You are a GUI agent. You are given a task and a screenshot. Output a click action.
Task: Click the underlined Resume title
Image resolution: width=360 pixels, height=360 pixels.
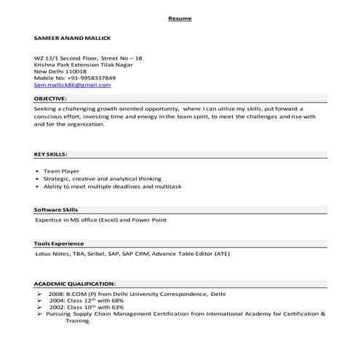coord(179,17)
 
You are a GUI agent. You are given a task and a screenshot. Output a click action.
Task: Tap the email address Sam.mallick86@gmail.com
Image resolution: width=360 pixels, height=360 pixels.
coord(73,85)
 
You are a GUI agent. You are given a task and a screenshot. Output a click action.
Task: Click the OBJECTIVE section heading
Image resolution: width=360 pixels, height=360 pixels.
coord(50,97)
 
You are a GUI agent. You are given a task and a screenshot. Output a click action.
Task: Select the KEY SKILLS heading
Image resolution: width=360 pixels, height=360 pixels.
coord(52,154)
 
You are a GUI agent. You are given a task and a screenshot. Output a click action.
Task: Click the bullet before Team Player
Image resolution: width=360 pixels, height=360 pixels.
coord(37,172)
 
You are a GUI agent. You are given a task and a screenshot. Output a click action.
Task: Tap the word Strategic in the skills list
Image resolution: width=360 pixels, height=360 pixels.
coord(56,179)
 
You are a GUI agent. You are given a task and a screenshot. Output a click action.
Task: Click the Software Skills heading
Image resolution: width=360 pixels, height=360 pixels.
coord(55,209)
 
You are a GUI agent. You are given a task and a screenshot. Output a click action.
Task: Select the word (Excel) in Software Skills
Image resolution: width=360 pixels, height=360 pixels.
coord(107,219)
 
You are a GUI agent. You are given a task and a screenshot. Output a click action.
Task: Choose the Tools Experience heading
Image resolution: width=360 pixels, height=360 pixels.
coord(59,243)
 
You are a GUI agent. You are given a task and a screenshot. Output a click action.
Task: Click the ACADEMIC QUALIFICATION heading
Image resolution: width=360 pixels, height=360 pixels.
coord(75,283)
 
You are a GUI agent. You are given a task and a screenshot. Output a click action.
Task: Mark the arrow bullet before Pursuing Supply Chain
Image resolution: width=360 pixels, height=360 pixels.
coord(39,313)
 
